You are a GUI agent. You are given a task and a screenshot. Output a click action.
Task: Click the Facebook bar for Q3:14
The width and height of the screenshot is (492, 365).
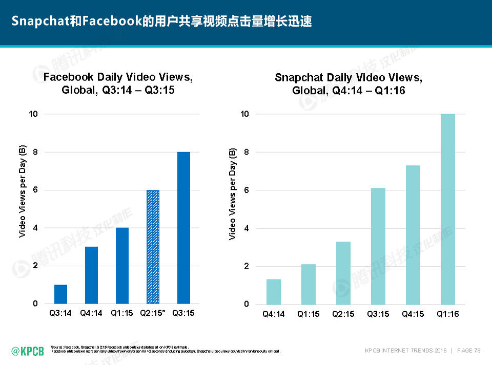[60, 294]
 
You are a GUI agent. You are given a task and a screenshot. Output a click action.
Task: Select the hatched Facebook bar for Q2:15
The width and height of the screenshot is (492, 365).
[153, 247]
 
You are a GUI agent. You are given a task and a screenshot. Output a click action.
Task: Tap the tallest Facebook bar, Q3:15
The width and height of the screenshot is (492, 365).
[183, 228]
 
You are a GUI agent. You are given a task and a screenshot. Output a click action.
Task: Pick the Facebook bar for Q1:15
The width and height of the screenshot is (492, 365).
[122, 266]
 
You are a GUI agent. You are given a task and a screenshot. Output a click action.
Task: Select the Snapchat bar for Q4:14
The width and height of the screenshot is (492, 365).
[274, 291]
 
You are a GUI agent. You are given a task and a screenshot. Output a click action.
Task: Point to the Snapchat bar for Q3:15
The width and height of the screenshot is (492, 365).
[378, 246]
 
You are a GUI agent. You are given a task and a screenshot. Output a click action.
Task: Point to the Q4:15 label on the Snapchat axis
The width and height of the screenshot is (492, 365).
[413, 314]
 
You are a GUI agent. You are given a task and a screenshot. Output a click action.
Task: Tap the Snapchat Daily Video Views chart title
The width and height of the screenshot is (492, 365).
[348, 84]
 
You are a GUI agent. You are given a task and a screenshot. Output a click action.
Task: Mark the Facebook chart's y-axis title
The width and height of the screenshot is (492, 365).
[23, 192]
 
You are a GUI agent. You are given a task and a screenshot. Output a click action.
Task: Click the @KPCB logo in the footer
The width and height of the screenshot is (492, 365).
[28, 351]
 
